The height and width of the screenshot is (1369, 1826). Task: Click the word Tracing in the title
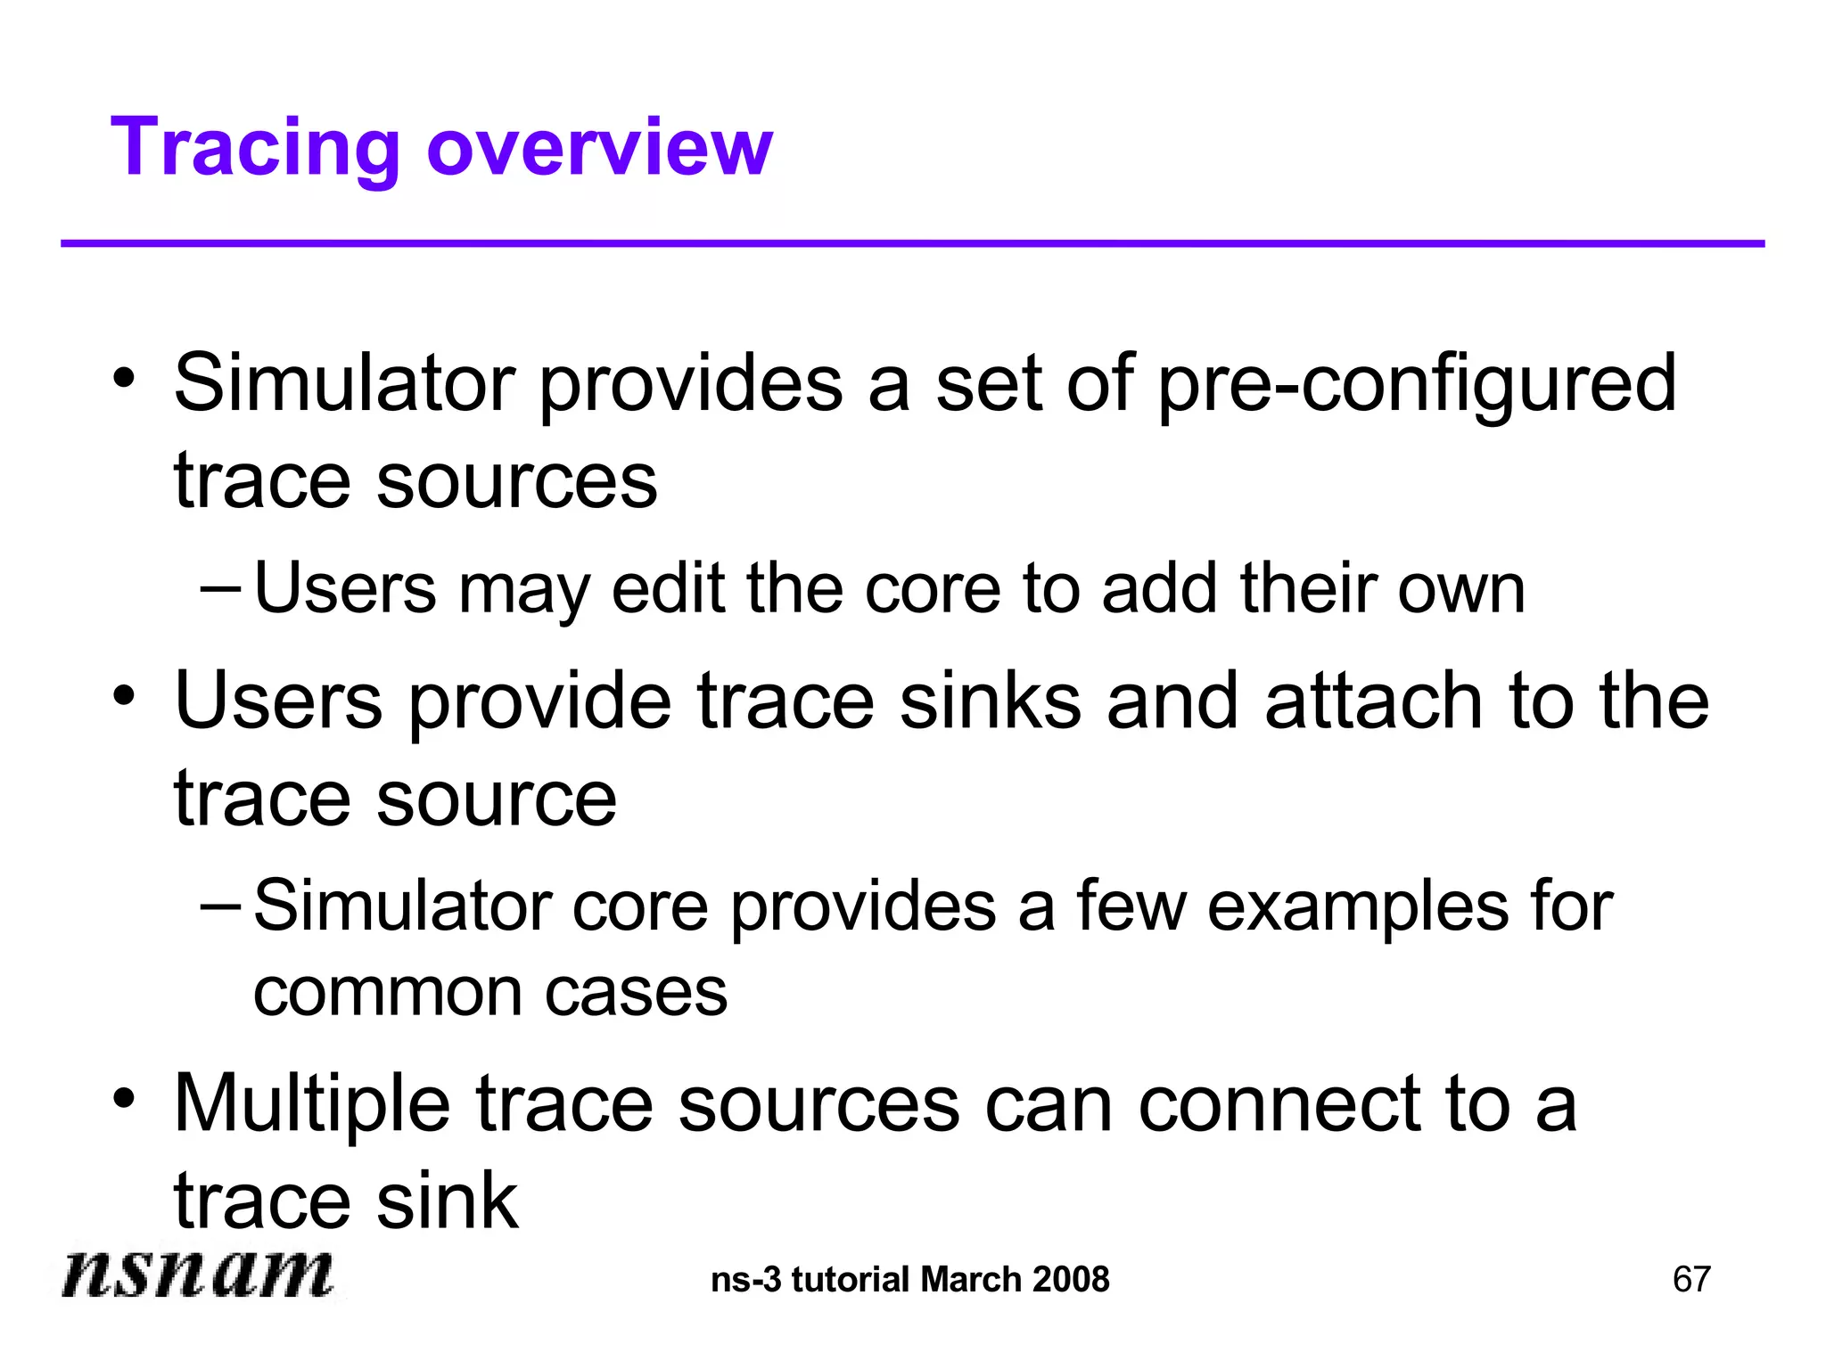[255, 150]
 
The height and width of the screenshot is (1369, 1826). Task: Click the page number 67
[1691, 1280]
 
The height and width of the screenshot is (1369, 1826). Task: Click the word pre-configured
[1417, 385]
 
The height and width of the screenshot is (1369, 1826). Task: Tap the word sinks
[991, 701]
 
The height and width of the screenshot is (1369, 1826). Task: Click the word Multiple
[312, 1105]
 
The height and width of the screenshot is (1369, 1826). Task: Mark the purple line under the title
[913, 243]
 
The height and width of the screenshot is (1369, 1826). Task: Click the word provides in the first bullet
[691, 385]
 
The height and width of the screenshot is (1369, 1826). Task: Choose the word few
[1132, 907]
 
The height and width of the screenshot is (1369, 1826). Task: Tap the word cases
[636, 993]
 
